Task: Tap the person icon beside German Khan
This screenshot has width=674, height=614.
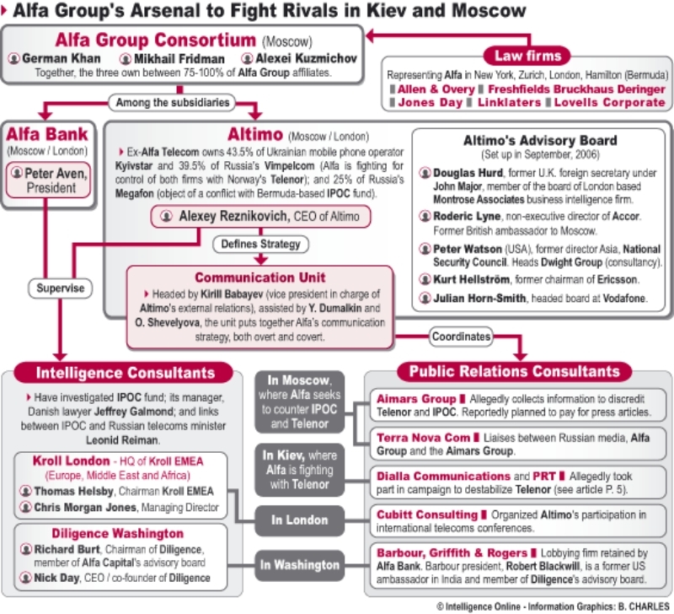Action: point(14,59)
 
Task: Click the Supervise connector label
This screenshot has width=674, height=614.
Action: point(60,288)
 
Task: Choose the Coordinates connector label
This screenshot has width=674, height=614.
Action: point(461,336)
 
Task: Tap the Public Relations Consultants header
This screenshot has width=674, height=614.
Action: point(514,371)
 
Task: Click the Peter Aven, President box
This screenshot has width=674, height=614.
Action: point(51,180)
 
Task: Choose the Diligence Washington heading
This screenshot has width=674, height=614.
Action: point(117,534)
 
